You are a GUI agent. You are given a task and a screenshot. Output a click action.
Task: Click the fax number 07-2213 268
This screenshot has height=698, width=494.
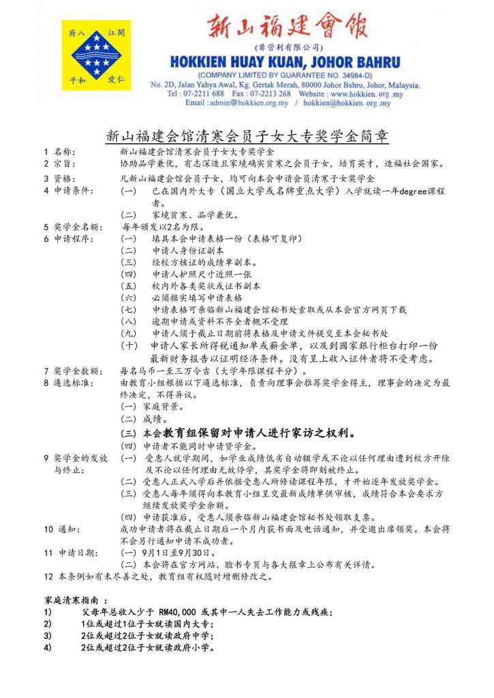tap(272, 93)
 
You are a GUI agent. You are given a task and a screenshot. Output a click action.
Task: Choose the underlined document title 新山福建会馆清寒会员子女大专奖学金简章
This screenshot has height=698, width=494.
tap(247, 135)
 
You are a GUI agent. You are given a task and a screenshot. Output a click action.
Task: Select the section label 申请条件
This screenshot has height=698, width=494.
tap(73, 190)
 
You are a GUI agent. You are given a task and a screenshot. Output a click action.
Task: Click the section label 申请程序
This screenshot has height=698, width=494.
tap(73, 239)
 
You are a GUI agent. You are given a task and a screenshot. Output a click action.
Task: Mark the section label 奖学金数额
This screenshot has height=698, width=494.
tap(77, 371)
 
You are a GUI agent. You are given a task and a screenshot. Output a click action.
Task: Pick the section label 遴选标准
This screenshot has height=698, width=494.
tap(73, 383)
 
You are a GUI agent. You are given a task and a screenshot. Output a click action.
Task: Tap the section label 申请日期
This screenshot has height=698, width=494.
tap(76, 552)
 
